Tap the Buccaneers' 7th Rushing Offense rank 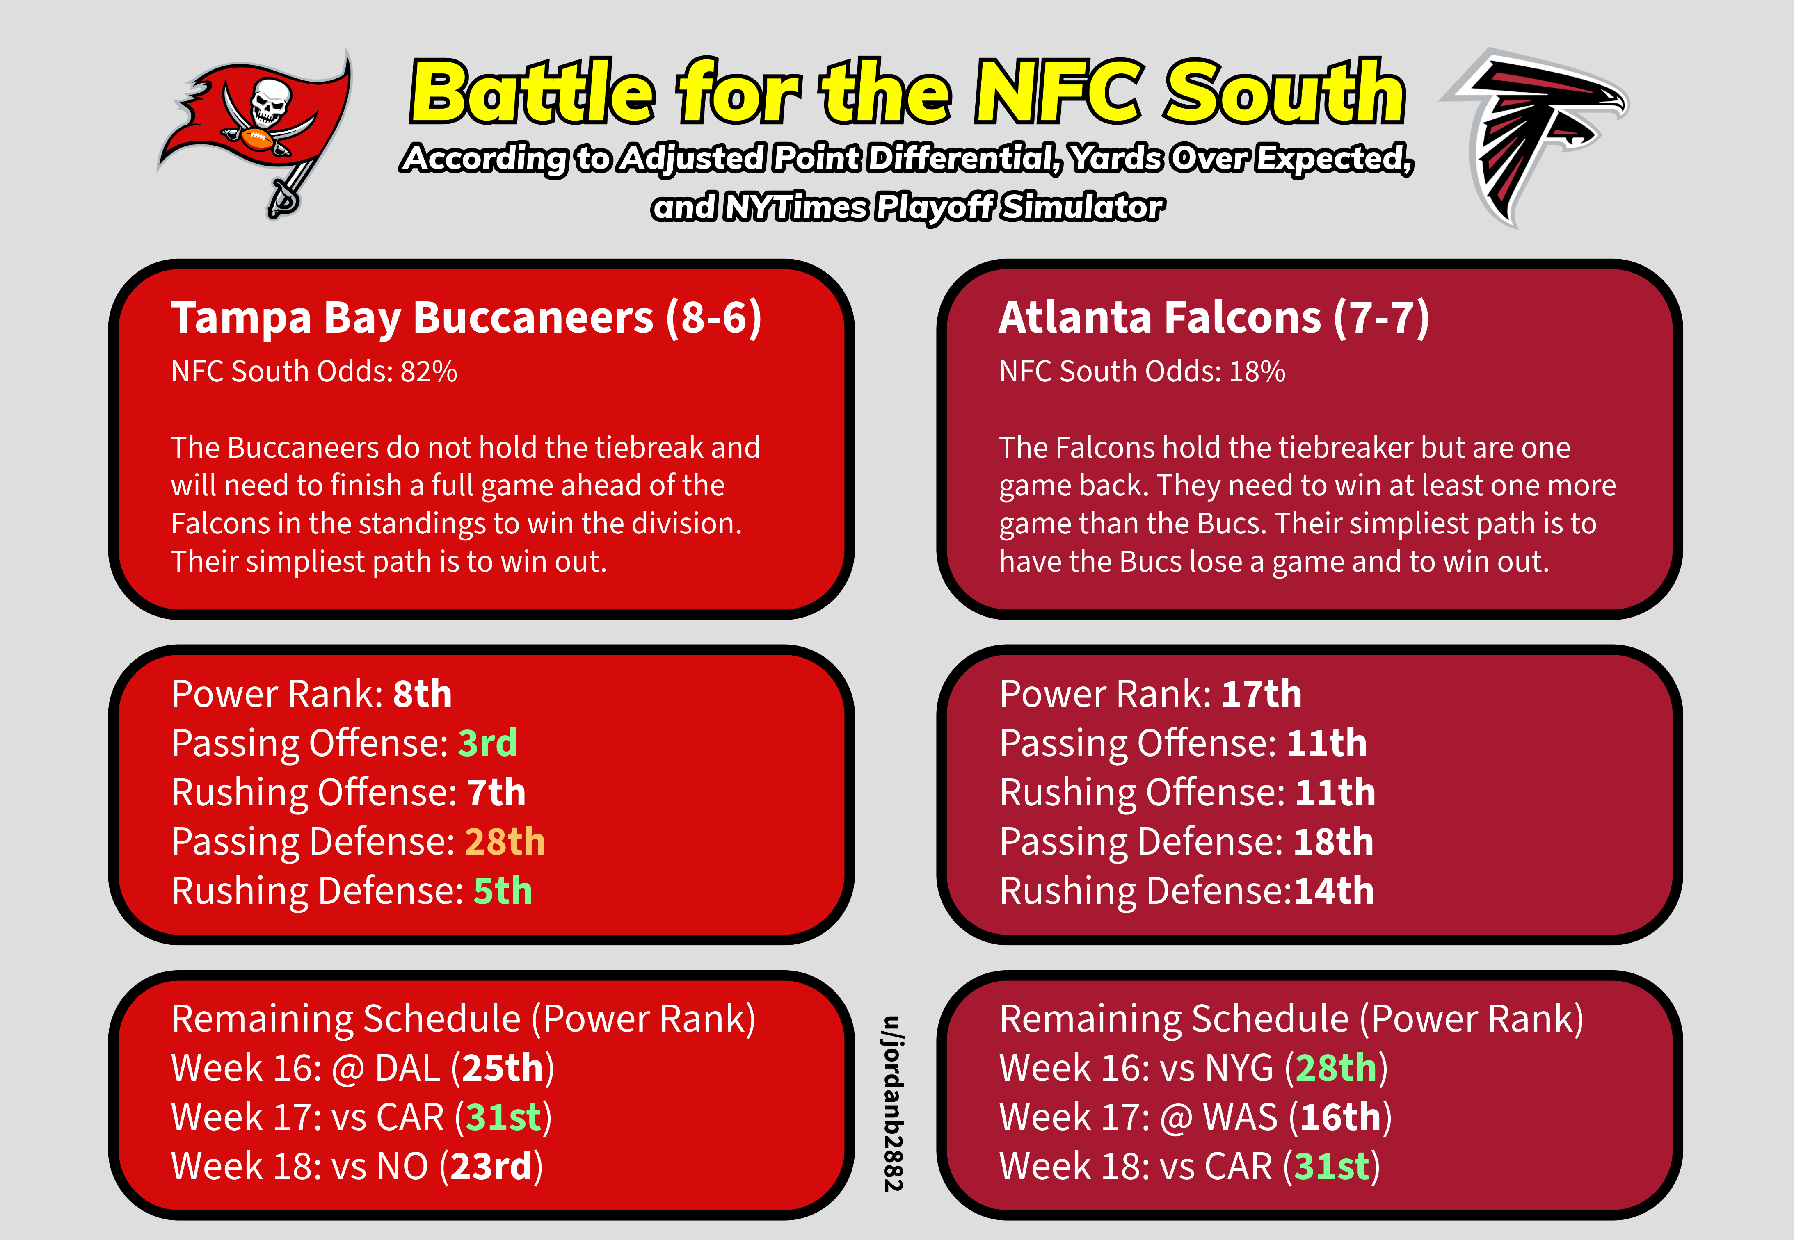click(x=496, y=793)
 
